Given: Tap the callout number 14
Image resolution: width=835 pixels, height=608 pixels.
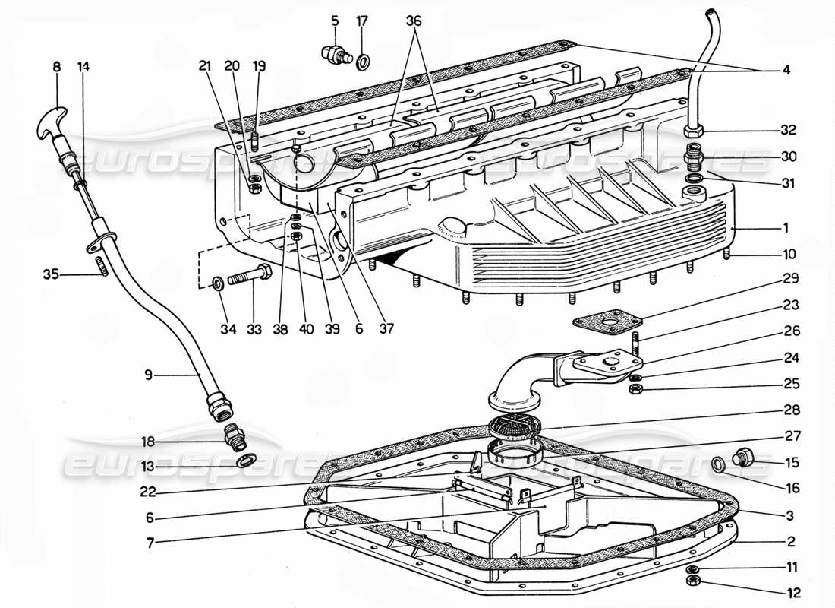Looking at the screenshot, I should tap(83, 66).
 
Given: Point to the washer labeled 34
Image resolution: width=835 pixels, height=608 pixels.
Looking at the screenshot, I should tap(218, 283).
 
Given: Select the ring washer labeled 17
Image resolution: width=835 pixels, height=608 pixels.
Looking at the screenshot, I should tap(364, 59).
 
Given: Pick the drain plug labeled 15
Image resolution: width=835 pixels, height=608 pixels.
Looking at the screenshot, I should tap(744, 458).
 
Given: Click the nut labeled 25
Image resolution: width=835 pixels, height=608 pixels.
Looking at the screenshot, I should tap(637, 389).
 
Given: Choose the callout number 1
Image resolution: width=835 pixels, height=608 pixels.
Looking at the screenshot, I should tap(786, 227).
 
